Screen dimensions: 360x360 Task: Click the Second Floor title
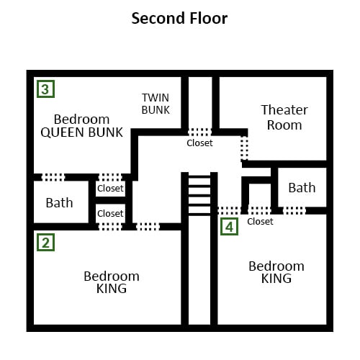[179, 19]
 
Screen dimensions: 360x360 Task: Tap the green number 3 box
[45, 89]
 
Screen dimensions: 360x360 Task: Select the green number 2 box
[45, 243]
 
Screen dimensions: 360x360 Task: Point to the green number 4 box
[229, 226]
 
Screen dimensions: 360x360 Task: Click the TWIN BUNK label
[156, 104]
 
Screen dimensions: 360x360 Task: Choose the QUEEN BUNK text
[82, 132]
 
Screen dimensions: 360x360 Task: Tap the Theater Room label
[284, 117]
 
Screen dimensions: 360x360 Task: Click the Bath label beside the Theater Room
[302, 187]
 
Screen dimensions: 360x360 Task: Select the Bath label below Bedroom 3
[59, 203]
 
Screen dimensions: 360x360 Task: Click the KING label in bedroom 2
[112, 288]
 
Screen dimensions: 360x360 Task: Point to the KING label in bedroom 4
[276, 279]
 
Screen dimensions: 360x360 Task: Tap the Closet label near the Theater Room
[199, 143]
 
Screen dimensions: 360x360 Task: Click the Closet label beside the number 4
[260, 222]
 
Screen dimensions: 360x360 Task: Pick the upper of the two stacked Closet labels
[110, 189]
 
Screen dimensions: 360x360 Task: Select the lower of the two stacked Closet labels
[110, 213]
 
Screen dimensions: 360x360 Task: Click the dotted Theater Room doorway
[244, 148]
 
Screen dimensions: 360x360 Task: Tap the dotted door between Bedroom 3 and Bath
[53, 177]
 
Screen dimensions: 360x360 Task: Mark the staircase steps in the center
[199, 195]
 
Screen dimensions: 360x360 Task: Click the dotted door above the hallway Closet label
[199, 132]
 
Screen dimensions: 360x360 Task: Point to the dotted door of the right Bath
[294, 210]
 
